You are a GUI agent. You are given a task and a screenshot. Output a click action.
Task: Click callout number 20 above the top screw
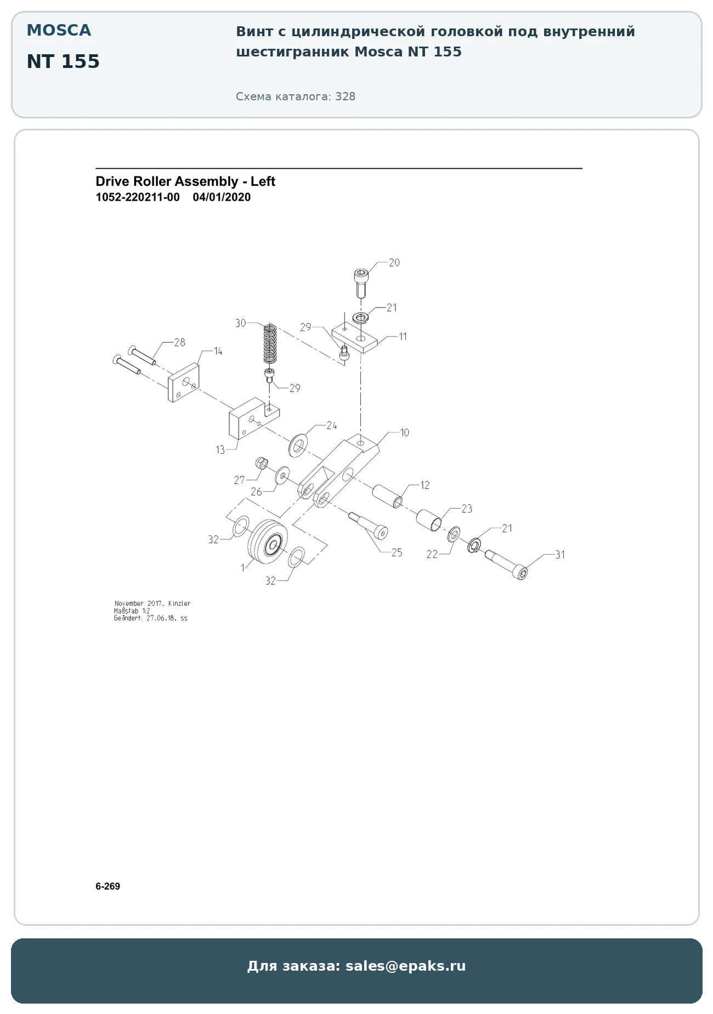[x=394, y=263]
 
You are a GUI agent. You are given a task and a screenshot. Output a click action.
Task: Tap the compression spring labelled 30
[x=270, y=344]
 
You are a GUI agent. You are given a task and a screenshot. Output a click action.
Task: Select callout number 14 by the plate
[x=218, y=351]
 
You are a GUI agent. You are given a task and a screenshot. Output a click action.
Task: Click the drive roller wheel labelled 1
[x=268, y=544]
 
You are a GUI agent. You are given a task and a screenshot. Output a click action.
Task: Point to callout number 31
[x=560, y=555]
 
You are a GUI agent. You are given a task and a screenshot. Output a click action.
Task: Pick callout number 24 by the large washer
[x=332, y=425]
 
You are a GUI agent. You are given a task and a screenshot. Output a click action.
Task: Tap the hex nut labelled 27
[x=262, y=463]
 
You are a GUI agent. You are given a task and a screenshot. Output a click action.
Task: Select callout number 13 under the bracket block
[x=220, y=450]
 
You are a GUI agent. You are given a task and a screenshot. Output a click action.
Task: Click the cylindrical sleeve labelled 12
[x=388, y=495]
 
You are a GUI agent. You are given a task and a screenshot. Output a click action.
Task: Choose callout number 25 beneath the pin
[x=397, y=552]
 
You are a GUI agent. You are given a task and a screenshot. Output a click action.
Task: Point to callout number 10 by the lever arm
[x=405, y=432]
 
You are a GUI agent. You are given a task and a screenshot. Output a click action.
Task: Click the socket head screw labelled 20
[x=361, y=282]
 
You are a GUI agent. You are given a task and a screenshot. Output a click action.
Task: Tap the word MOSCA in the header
[x=59, y=31]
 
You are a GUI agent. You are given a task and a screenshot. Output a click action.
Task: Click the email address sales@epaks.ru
[x=405, y=966]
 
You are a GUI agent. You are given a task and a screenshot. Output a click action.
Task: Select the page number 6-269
[x=107, y=886]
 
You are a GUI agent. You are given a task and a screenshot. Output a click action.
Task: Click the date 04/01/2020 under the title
[x=222, y=197]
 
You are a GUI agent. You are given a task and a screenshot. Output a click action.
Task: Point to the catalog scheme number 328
[x=346, y=96]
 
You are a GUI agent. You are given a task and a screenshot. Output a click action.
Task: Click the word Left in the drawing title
[x=263, y=181]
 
